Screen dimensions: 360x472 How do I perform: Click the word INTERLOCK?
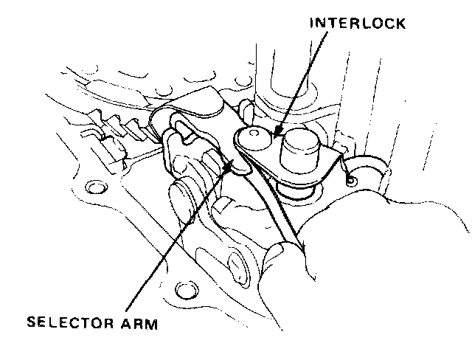pyautogui.click(x=358, y=24)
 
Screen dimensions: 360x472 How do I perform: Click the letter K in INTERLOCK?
pyautogui.click(x=400, y=24)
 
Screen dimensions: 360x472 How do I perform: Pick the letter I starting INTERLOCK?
pyautogui.click(x=312, y=24)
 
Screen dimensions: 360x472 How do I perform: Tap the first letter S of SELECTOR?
pyautogui.click(x=30, y=322)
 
